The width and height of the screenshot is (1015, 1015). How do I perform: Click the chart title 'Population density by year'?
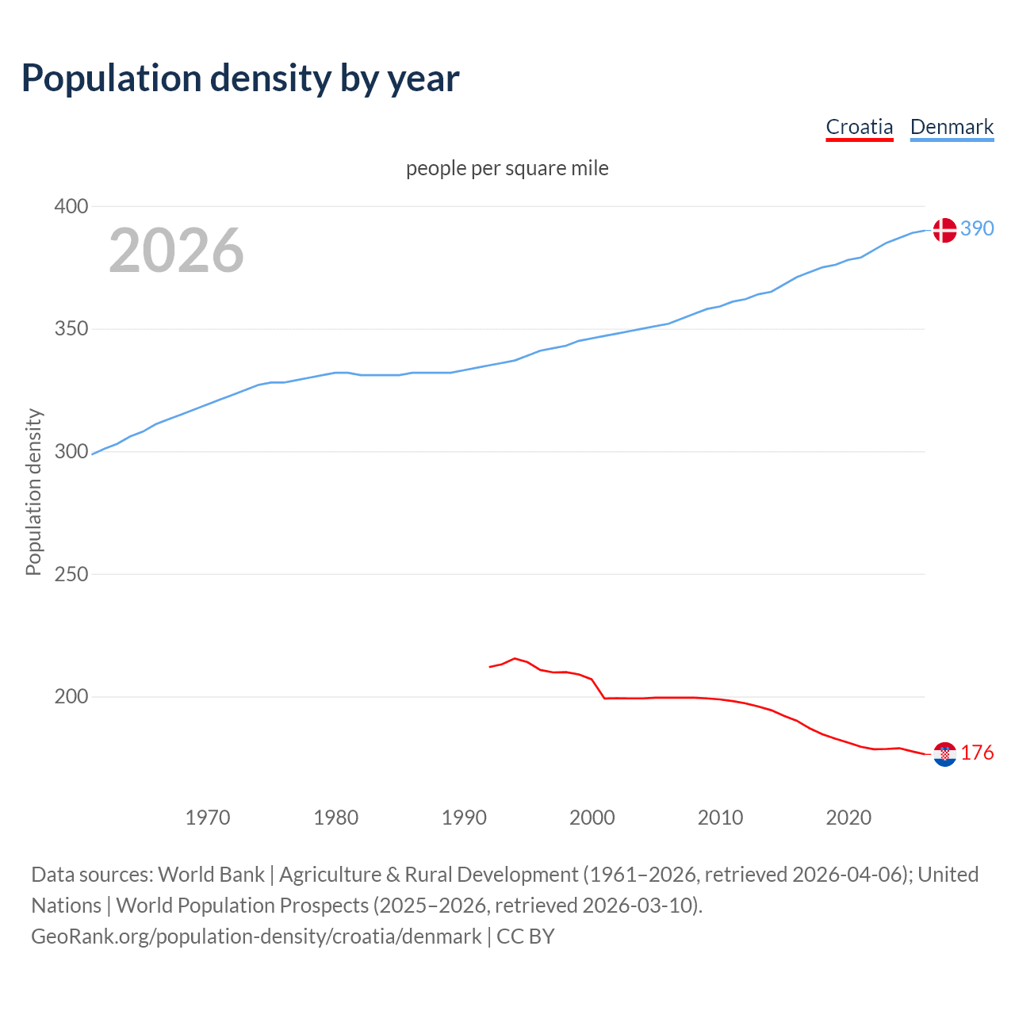pos(240,79)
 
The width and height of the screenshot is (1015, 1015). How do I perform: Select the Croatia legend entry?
pos(859,127)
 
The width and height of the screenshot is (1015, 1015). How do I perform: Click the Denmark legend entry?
pos(952,127)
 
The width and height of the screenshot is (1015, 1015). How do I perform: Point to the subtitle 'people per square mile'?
pos(507,169)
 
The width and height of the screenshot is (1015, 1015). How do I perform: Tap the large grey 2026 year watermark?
pos(176,251)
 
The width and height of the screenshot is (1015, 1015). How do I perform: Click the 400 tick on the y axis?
pos(71,207)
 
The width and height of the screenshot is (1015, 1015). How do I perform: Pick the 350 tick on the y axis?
pos(71,329)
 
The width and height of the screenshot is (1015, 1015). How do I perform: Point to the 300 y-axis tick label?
pos(71,452)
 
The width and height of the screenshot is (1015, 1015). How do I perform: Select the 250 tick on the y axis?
pos(71,574)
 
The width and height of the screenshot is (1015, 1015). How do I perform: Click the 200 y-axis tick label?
pos(71,697)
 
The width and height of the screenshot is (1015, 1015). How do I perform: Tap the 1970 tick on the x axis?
pos(208,818)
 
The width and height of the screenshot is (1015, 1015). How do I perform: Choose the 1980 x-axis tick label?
pos(336,818)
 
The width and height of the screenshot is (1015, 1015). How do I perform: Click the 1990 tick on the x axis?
pos(464,818)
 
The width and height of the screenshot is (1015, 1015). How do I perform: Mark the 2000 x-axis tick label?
pos(592,818)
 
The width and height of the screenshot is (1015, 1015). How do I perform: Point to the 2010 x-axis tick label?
pos(720,818)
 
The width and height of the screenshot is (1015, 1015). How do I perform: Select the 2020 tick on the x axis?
pos(848,818)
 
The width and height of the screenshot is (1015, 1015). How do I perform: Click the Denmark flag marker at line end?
pos(944,230)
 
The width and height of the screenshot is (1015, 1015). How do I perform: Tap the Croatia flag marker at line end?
pos(944,754)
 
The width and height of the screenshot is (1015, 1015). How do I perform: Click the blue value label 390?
pos(977,229)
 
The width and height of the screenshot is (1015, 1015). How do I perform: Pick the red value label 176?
pos(977,753)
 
